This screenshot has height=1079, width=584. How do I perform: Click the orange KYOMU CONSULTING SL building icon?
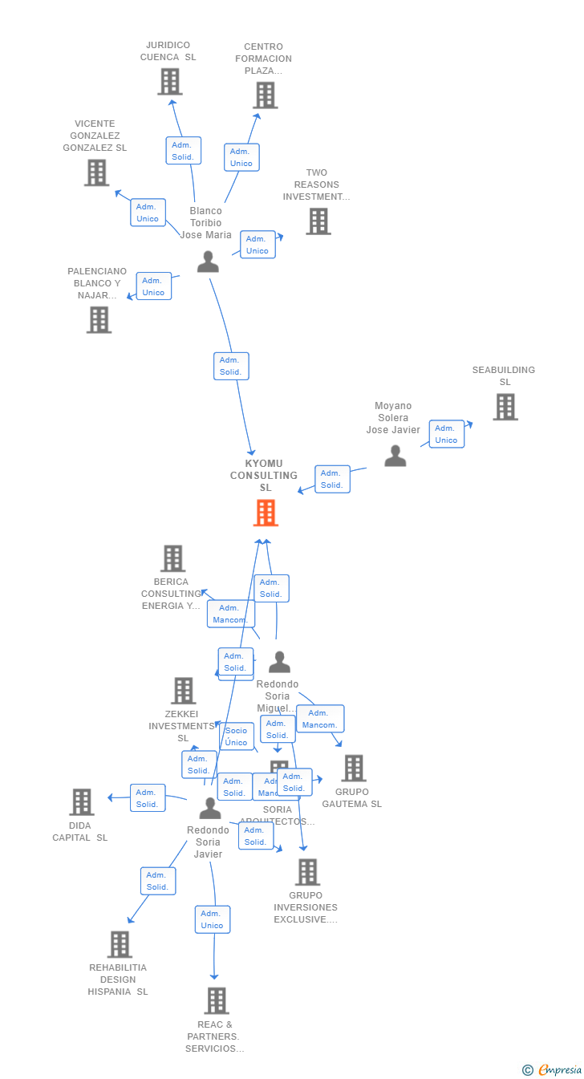[266, 513]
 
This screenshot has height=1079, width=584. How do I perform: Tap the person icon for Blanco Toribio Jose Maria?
[208, 262]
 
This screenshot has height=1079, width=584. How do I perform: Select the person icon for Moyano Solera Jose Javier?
[395, 456]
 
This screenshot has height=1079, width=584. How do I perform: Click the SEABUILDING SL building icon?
[505, 407]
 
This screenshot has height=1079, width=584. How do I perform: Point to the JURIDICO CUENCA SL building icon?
[169, 82]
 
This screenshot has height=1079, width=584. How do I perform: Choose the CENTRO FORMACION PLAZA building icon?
[265, 95]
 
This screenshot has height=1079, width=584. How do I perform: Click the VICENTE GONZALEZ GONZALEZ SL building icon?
[96, 172]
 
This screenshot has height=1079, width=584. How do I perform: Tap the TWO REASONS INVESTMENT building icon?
[318, 221]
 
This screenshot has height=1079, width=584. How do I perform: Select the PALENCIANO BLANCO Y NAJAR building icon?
[99, 319]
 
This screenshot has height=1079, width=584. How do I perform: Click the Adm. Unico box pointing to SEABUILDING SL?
[446, 434]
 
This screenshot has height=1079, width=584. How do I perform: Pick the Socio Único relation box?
[236, 736]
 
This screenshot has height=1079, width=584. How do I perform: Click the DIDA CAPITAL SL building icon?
[82, 802]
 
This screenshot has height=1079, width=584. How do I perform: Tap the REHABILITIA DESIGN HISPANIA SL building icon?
[120, 944]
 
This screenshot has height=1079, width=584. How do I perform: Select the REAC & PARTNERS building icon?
[216, 1000]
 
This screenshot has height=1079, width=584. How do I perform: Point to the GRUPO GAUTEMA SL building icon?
[353, 768]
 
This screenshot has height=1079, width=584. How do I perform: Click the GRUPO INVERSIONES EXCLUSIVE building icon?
[306, 872]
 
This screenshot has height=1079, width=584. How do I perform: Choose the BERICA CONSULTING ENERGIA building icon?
[172, 558]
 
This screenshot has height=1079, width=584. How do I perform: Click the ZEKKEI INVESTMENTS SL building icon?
[183, 691]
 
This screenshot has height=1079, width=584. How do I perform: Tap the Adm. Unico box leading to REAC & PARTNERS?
[212, 919]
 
